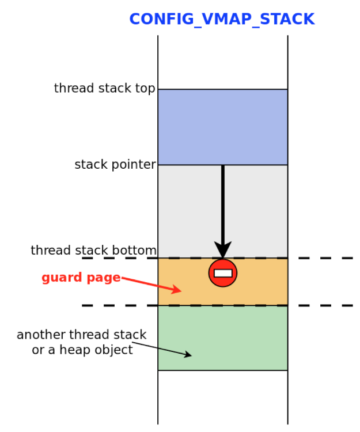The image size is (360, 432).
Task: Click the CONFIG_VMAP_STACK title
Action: point(222,20)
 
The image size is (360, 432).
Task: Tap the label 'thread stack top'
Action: point(104,89)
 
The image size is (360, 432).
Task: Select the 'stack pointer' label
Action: point(115,165)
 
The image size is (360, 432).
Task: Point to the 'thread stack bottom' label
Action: point(93,251)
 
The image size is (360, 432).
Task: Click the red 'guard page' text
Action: point(81,278)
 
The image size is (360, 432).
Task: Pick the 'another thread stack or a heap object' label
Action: point(82,342)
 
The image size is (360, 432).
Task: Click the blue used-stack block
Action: point(222,127)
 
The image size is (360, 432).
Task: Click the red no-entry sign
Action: point(223,273)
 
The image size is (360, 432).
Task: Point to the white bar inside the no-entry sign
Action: point(223,274)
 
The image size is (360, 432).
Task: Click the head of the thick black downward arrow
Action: point(223,251)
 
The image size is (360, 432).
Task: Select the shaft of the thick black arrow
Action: point(223,202)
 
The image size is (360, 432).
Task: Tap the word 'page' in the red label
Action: point(104,278)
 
